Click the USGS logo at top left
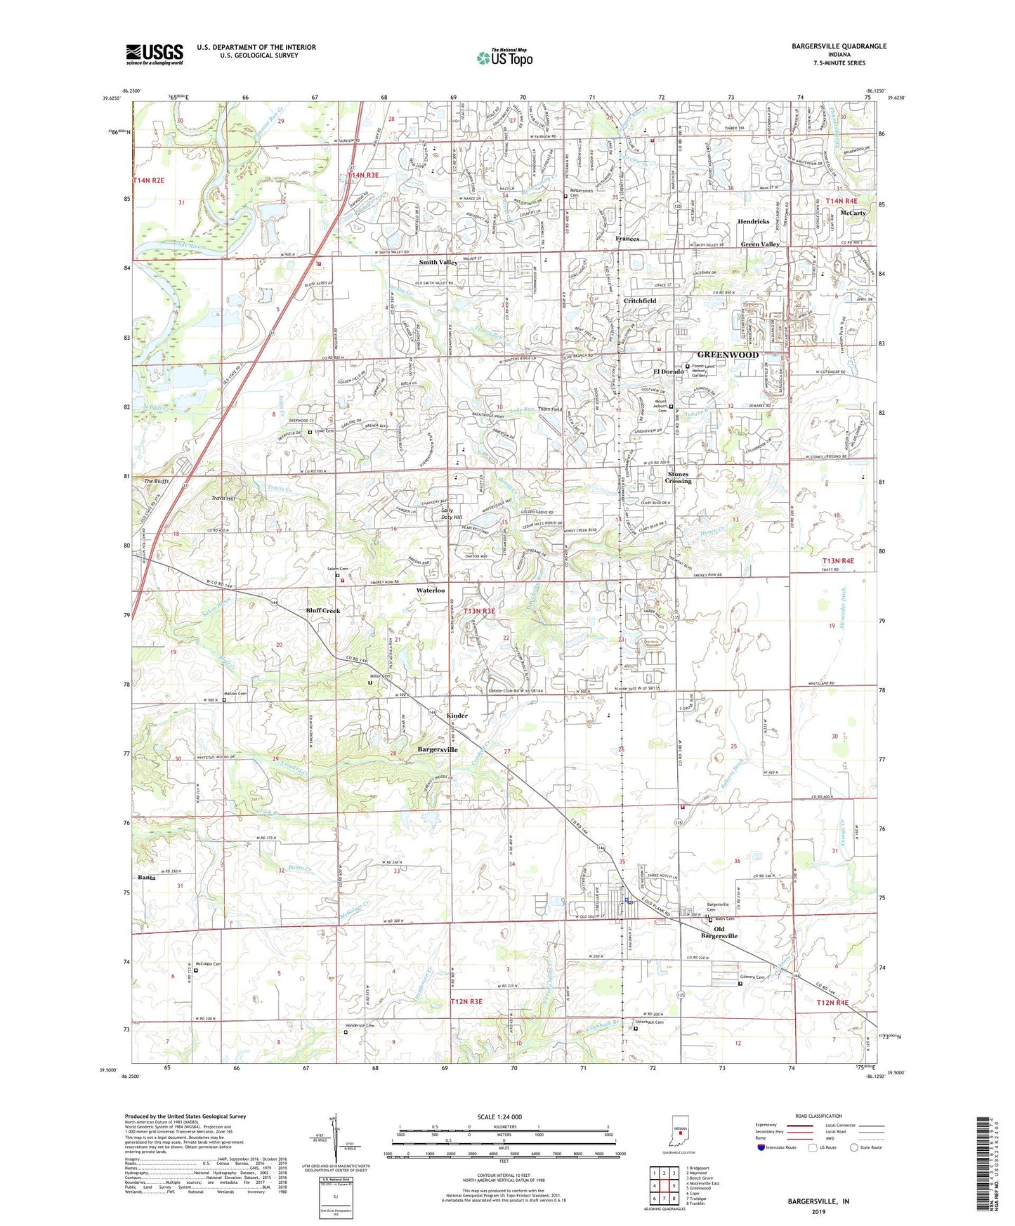tap(155, 54)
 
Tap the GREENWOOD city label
tap(728, 355)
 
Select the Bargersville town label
tap(438, 750)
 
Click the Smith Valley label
tap(438, 263)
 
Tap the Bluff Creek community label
tap(322, 611)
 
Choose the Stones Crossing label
tap(679, 477)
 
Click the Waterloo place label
tap(431, 591)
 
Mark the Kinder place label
tap(457, 716)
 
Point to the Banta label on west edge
tap(147, 878)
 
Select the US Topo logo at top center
tap(504, 58)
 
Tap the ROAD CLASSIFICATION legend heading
tap(818, 1116)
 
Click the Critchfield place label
tap(640, 301)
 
